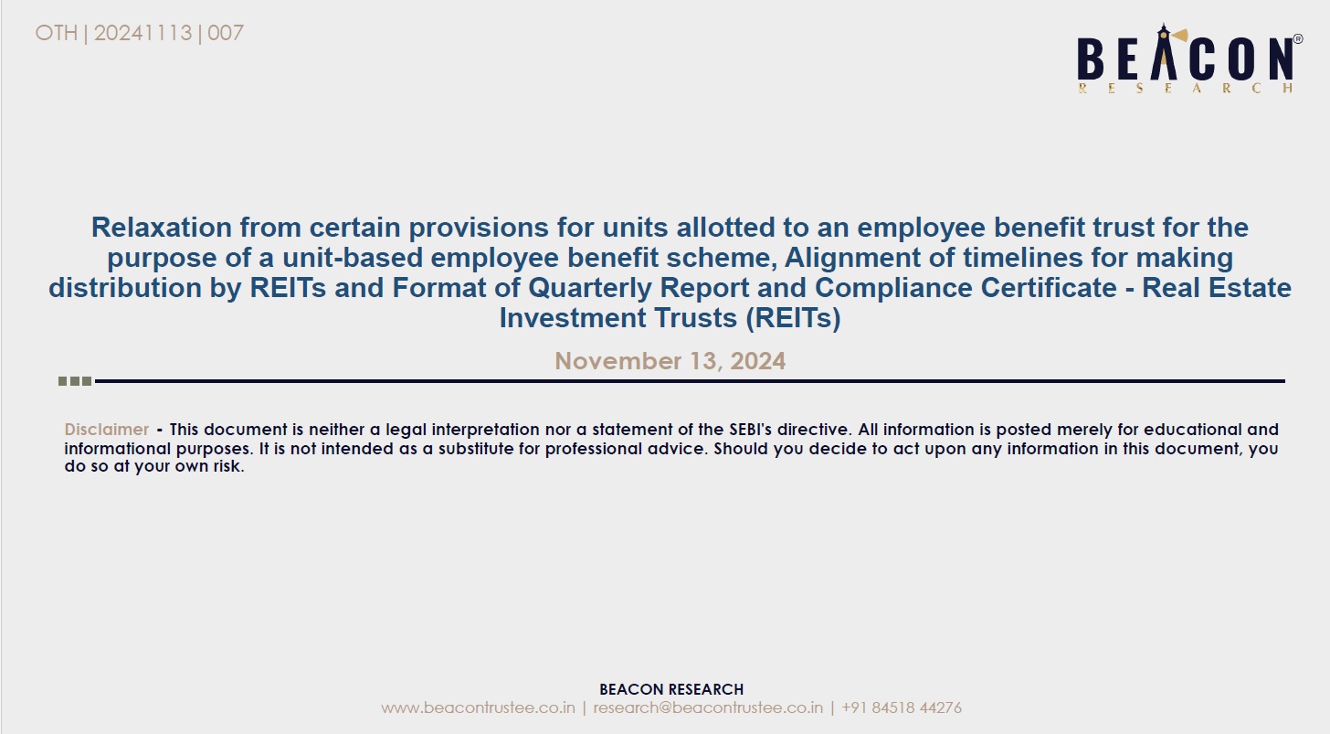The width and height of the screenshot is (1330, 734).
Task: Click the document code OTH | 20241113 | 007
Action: (x=140, y=33)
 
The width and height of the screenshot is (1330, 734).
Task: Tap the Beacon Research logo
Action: (x=1189, y=59)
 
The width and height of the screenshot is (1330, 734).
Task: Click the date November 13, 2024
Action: (x=670, y=361)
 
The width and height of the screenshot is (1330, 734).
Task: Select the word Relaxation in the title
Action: (x=161, y=227)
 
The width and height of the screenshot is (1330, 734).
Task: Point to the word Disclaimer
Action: (x=106, y=429)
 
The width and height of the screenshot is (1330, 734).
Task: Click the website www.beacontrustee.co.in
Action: (x=478, y=707)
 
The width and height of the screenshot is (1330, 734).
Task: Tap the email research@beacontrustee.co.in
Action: (x=708, y=707)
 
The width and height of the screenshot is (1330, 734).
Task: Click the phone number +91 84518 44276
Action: (x=902, y=707)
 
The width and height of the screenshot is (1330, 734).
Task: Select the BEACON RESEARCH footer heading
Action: (x=670, y=689)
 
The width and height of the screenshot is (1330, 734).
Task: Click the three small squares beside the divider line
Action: (x=75, y=381)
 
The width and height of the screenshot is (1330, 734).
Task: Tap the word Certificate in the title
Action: (x=1048, y=288)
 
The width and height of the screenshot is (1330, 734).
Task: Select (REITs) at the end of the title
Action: (x=793, y=318)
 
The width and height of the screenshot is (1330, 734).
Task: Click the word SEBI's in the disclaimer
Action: (x=750, y=429)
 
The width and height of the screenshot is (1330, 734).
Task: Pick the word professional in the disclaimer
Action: (x=594, y=448)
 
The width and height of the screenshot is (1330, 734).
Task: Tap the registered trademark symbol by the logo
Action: (x=1298, y=39)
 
